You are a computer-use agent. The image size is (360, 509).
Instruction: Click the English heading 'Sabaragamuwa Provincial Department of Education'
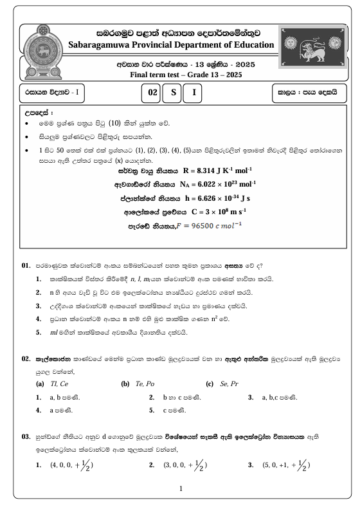pos(172,44)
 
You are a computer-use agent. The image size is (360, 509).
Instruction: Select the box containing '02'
pos(152,92)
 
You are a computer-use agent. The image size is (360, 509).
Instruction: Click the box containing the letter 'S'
pos(172,92)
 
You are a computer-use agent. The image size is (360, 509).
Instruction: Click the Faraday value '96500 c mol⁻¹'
pos(199,226)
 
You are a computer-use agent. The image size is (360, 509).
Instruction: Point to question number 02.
pos(26,358)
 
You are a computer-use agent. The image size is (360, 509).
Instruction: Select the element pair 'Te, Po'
pos(144,384)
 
